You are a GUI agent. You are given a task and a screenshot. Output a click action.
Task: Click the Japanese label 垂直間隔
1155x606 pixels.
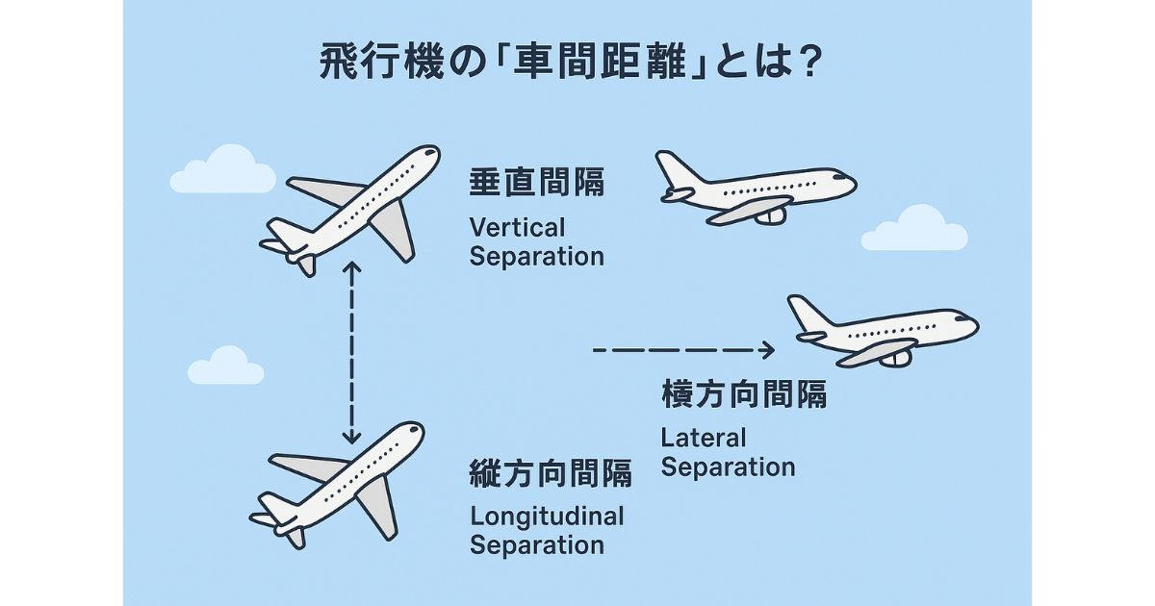click(537, 183)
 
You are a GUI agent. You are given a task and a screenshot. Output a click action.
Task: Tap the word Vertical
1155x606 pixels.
click(517, 229)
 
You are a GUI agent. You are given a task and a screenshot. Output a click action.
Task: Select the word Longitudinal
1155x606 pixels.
click(547, 517)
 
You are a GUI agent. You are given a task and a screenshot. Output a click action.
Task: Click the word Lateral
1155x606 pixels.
click(704, 439)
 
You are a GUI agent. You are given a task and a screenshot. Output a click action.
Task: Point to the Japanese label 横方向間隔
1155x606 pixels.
click(744, 394)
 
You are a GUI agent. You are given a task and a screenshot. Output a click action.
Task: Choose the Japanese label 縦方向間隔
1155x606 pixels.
click(551, 472)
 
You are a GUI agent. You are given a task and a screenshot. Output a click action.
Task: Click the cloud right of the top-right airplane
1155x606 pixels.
click(901, 230)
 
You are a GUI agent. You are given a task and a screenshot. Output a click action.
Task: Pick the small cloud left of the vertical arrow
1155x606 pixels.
click(226, 366)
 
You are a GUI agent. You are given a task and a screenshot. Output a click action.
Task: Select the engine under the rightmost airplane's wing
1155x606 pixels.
click(897, 358)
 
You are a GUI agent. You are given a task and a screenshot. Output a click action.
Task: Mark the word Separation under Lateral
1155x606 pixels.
click(728, 468)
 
